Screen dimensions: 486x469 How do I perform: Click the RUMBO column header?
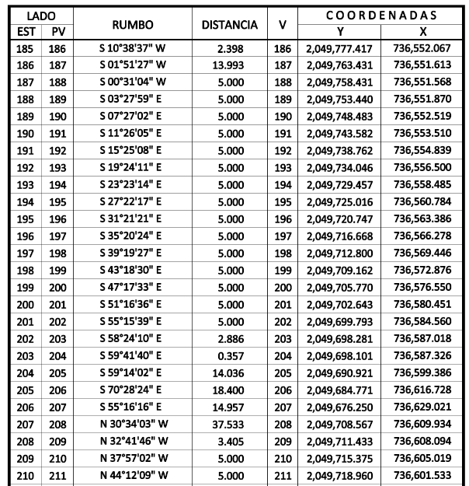pos(135,25)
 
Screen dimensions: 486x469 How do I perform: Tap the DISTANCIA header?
pos(229,25)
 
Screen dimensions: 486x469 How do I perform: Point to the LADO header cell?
pos(36,15)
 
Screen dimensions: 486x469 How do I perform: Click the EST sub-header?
pos(19,32)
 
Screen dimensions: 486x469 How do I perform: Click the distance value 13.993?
pos(231,65)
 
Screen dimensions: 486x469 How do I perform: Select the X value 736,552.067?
pos(422,48)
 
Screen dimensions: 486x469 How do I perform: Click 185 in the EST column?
pos(19,48)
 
